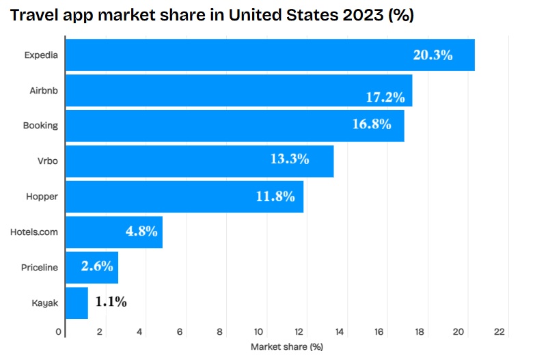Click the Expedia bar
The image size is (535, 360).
(x=270, y=55)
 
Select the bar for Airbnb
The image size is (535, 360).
(x=238, y=90)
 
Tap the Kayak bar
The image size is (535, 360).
(x=77, y=303)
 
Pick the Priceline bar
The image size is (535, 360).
(x=92, y=267)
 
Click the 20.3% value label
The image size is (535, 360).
(x=433, y=55)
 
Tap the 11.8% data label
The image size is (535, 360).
(x=275, y=197)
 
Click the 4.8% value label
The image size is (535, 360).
(x=141, y=231)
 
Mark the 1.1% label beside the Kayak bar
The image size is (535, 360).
(x=110, y=302)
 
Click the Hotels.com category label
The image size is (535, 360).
(x=34, y=232)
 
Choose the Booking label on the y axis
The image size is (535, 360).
(x=40, y=126)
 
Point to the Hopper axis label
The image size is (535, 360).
(x=42, y=197)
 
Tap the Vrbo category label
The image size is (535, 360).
(x=46, y=161)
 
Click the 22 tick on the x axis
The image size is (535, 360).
(x=499, y=332)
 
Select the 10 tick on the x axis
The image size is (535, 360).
(x=260, y=332)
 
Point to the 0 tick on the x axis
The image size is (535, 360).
(x=59, y=332)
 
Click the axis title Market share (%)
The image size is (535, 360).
(x=286, y=347)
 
